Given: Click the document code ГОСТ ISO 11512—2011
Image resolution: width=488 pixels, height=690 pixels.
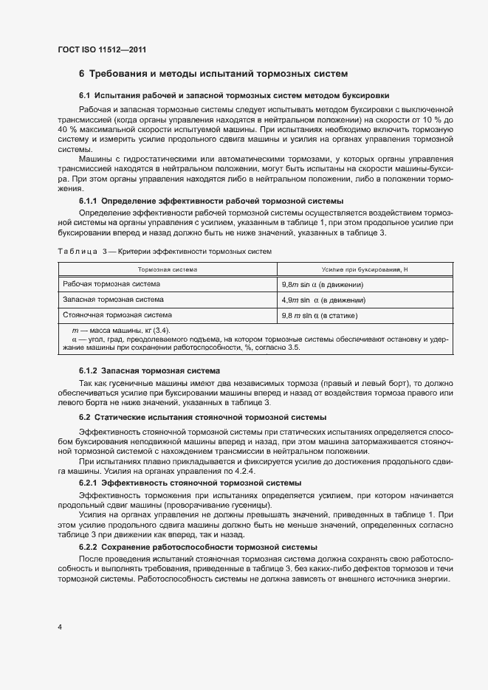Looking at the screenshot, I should point(101,49).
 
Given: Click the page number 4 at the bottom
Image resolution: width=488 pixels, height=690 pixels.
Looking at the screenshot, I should point(59,627).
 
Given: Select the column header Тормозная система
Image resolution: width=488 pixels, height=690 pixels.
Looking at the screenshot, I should point(167,269).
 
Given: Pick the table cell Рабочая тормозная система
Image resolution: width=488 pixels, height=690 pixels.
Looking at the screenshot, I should point(111,284).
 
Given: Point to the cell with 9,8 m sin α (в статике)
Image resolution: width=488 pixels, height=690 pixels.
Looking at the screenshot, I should point(320,315).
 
